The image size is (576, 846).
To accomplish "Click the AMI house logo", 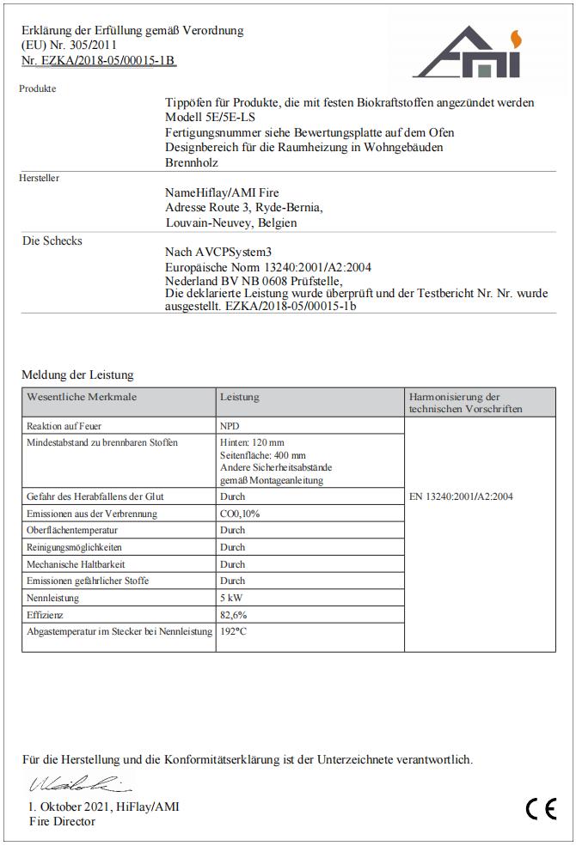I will [x=467, y=53].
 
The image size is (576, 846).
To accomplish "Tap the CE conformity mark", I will [x=541, y=809].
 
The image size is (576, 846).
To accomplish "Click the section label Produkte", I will [x=38, y=88].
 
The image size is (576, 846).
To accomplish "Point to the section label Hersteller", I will [x=40, y=178].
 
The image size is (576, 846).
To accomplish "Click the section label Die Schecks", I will [x=52, y=241].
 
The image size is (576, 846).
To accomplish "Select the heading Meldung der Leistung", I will [x=77, y=375].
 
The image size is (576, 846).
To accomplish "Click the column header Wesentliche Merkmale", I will [x=82, y=398].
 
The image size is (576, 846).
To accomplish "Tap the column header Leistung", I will [x=239, y=398].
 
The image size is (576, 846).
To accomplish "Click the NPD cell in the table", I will [x=230, y=426].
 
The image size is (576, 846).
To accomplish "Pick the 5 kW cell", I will [x=231, y=598].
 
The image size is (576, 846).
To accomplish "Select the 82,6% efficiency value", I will [x=234, y=615].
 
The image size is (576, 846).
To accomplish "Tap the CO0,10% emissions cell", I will [x=240, y=514].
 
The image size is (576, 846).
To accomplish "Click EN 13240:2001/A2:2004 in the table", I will [x=461, y=496].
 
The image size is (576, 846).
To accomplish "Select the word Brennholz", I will [x=191, y=162].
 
